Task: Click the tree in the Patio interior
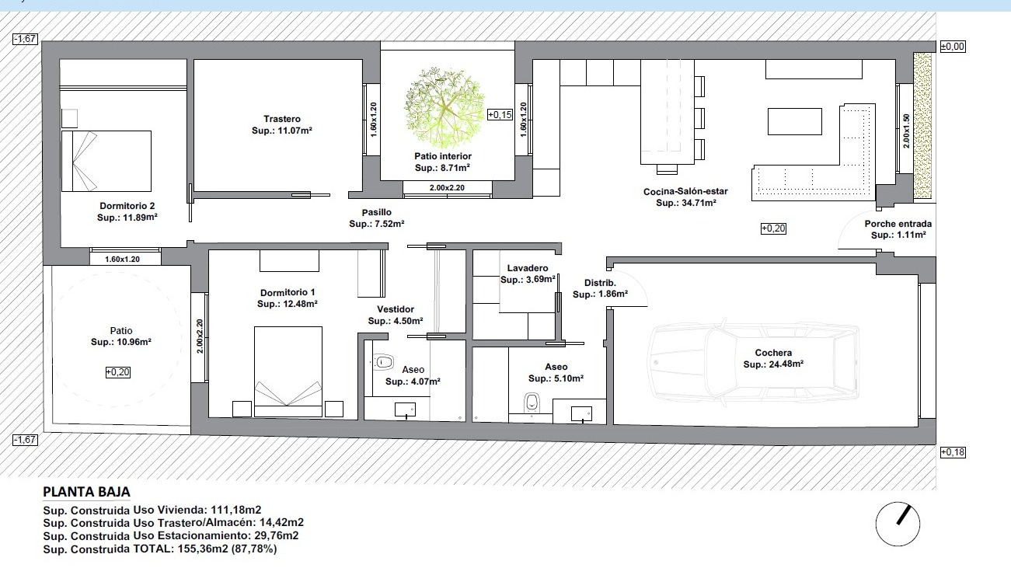[x=444, y=108]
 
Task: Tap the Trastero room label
[x=282, y=119]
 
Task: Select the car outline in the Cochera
[x=753, y=362]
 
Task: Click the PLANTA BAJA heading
[x=87, y=492]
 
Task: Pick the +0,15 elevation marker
[x=500, y=114]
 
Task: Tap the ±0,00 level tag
[x=953, y=47]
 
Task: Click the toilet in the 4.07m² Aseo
[x=383, y=362]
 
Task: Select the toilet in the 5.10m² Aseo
[x=532, y=402]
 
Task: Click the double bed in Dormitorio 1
[x=288, y=371]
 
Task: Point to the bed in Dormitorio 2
[x=106, y=161]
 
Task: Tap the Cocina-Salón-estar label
[x=685, y=192]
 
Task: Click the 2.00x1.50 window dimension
[x=906, y=131]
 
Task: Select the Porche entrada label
[x=898, y=224]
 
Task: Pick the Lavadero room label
[x=528, y=268]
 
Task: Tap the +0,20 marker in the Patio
[x=118, y=372]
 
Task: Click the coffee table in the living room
[x=795, y=121]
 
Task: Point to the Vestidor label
[x=396, y=309]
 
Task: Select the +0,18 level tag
[x=953, y=452]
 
